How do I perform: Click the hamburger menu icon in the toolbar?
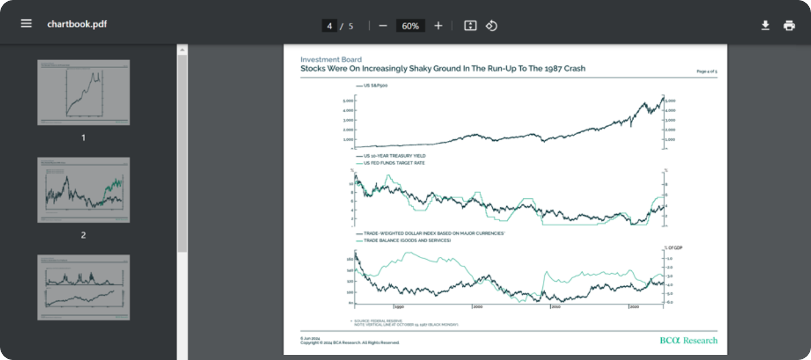tap(26, 24)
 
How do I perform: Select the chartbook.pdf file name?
tap(77, 24)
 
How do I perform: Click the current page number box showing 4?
tap(329, 26)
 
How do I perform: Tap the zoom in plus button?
tap(438, 26)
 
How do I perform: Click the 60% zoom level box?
tap(411, 26)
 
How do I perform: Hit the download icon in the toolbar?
tap(765, 25)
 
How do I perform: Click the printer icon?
tap(789, 25)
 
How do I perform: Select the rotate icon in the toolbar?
tap(491, 26)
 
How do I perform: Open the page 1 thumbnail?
tap(83, 92)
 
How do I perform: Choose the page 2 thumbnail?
tap(83, 190)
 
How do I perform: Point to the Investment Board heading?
tap(331, 60)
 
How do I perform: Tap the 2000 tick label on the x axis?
tap(478, 307)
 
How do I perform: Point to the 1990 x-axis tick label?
tap(399, 307)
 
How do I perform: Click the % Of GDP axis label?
tap(673, 247)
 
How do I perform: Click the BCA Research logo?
tap(688, 340)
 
